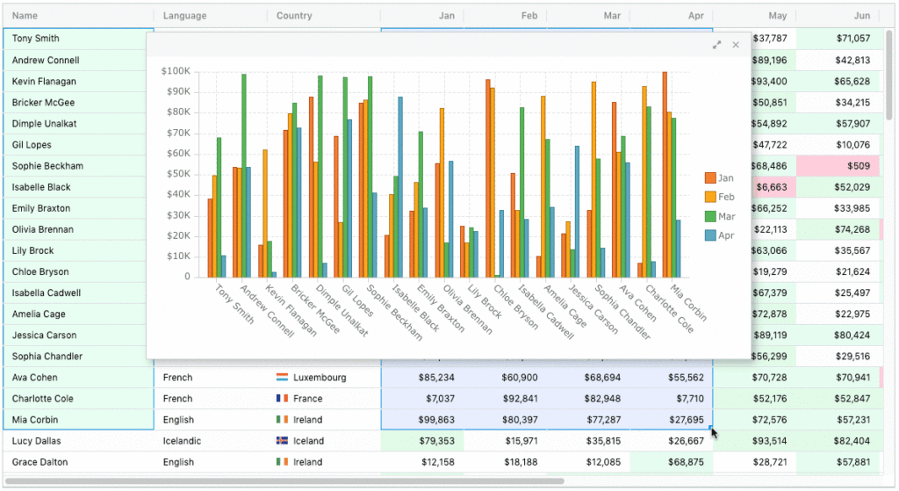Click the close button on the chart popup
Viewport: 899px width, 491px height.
736,45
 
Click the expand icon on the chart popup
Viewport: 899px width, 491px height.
716,45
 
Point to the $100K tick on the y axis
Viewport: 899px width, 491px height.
176,71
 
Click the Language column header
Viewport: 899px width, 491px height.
185,16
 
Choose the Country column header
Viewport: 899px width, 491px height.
294,16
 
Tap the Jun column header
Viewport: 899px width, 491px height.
861,16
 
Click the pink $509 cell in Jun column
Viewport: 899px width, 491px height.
843,166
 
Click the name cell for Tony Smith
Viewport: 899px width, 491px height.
36,39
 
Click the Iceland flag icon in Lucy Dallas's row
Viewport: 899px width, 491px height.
282,441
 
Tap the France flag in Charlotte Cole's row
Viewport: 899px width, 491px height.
282,399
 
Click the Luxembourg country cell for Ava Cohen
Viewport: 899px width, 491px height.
320,378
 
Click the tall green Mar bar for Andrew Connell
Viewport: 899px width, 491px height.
243,176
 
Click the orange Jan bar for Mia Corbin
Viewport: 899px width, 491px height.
665,174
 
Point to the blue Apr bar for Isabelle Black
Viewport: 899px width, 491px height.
400,186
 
